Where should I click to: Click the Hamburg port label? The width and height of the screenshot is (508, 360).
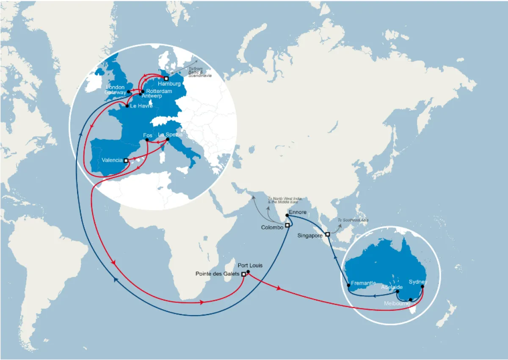(x=169, y=84)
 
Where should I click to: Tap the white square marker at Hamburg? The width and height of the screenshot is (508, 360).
(x=166, y=78)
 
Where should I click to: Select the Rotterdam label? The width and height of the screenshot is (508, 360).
(x=159, y=91)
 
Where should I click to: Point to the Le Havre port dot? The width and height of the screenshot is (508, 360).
(x=127, y=106)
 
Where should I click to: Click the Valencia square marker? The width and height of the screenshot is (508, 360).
(x=126, y=160)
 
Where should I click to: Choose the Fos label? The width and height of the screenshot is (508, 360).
(x=148, y=135)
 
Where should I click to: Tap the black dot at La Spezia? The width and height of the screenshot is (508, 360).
(x=168, y=140)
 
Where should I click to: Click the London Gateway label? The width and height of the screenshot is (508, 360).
(x=116, y=90)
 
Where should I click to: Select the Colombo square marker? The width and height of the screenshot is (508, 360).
(x=287, y=225)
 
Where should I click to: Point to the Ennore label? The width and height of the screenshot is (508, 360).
(x=297, y=212)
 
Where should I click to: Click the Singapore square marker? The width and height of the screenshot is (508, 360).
(x=328, y=234)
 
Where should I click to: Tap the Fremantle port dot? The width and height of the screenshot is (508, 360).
(x=349, y=286)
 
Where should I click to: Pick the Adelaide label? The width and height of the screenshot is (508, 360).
(x=392, y=287)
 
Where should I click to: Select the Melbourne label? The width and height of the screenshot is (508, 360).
(x=398, y=303)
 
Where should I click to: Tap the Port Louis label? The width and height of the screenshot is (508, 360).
(x=250, y=265)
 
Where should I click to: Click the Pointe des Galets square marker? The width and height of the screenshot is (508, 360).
(x=243, y=274)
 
